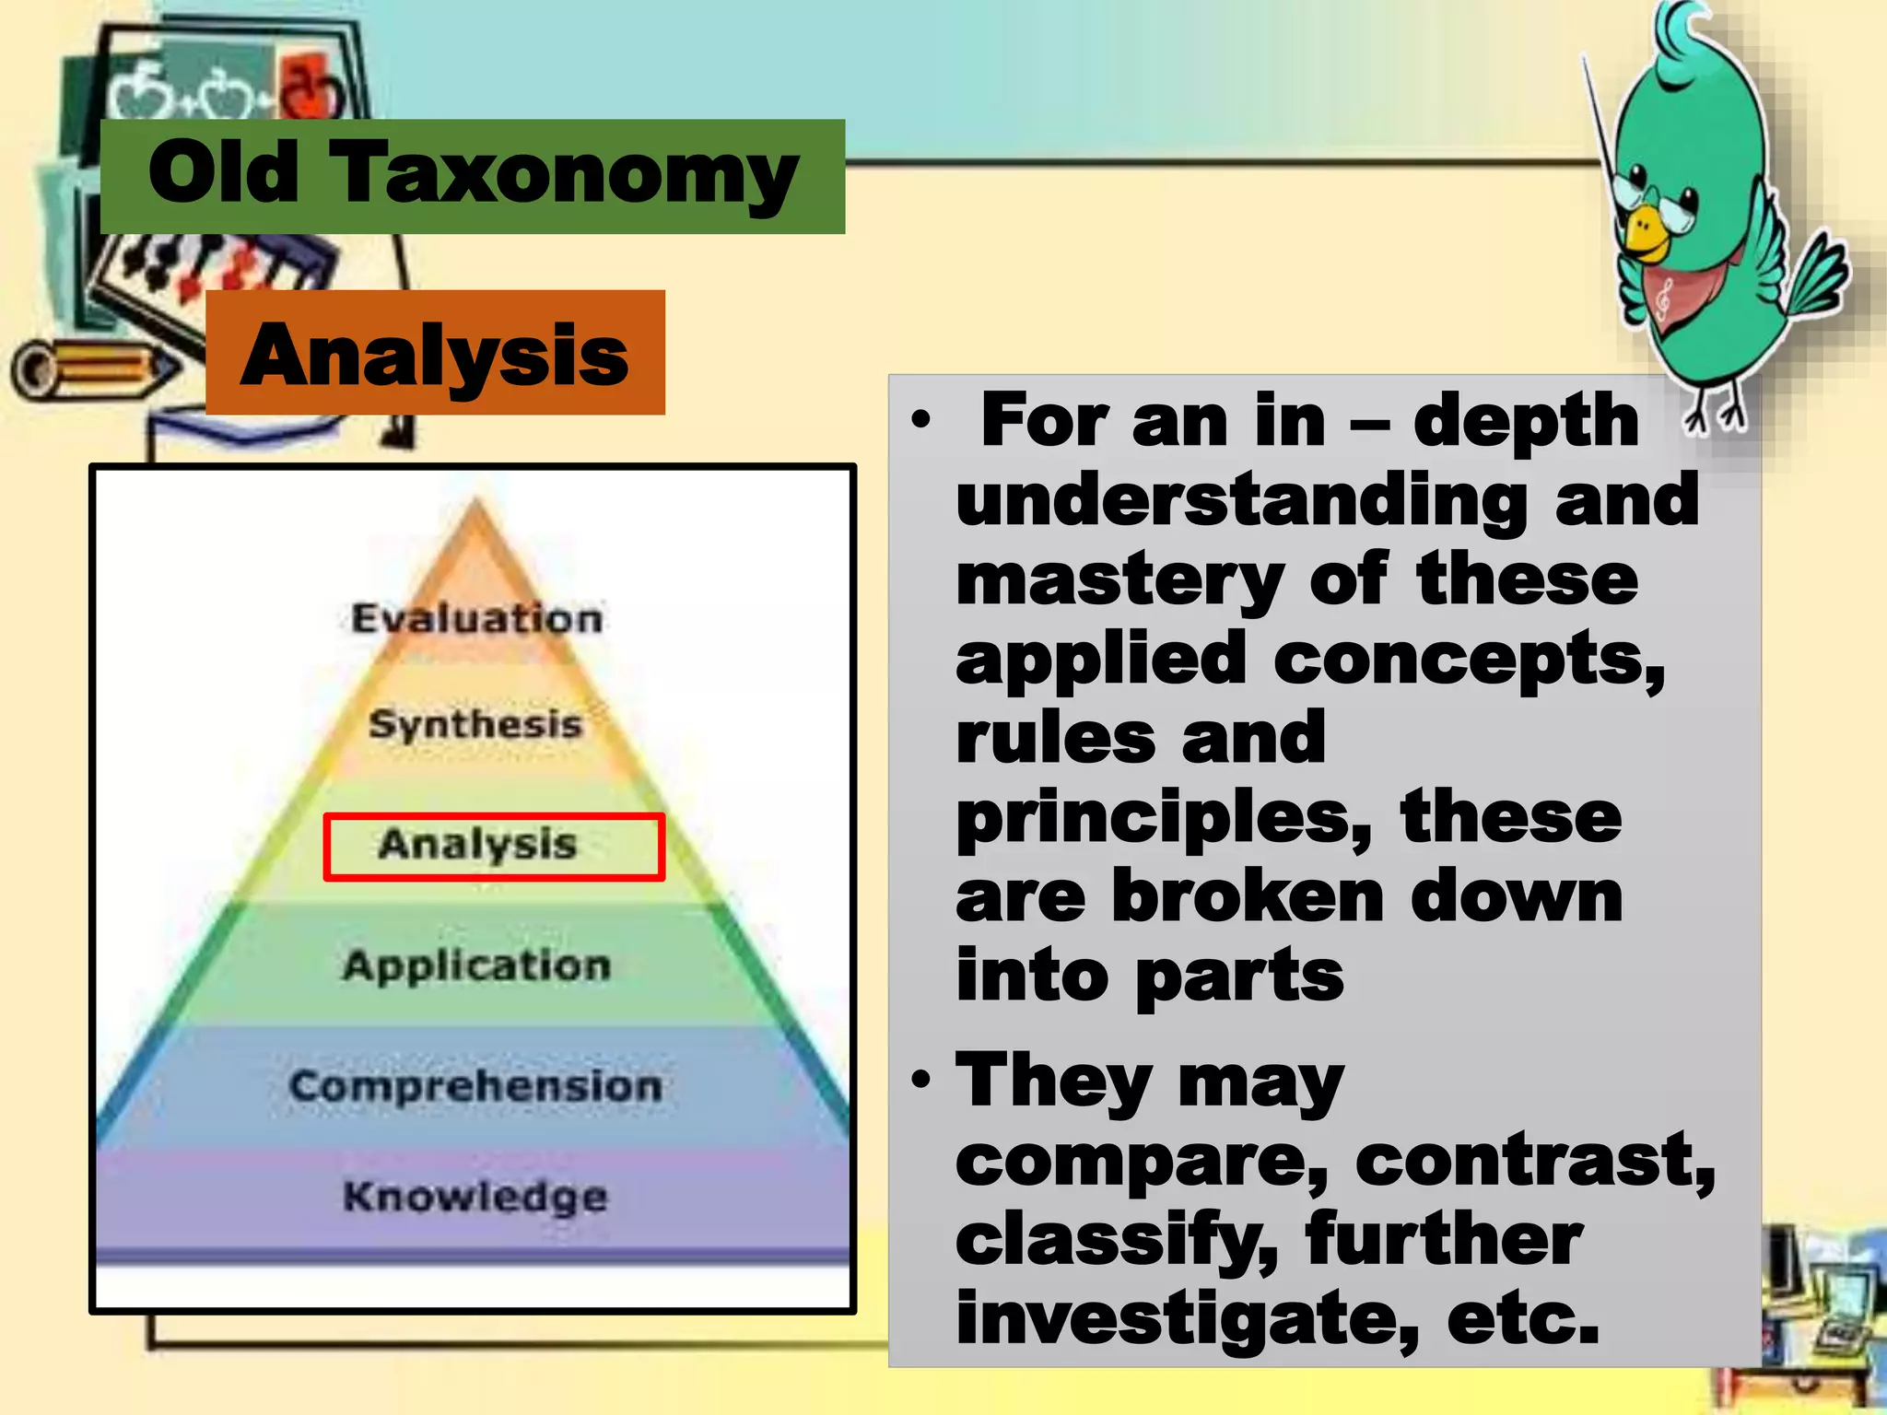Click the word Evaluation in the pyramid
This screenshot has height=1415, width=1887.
coord(476,618)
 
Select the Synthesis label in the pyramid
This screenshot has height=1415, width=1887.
coord(475,724)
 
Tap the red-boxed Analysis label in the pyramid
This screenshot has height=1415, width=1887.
coord(477,845)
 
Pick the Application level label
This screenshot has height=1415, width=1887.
coord(476,965)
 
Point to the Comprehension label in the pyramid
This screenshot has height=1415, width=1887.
coord(475,1086)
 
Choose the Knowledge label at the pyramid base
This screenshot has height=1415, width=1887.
coord(475,1197)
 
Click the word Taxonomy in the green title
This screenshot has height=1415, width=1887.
coord(564,175)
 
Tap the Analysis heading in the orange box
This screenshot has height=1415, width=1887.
coord(434,356)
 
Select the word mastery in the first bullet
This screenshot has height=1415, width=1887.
coord(1119,581)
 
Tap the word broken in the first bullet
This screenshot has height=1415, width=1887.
coord(1248,897)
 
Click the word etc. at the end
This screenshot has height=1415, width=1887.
coord(1522,1319)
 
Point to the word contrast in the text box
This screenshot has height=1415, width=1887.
coord(1535,1162)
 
